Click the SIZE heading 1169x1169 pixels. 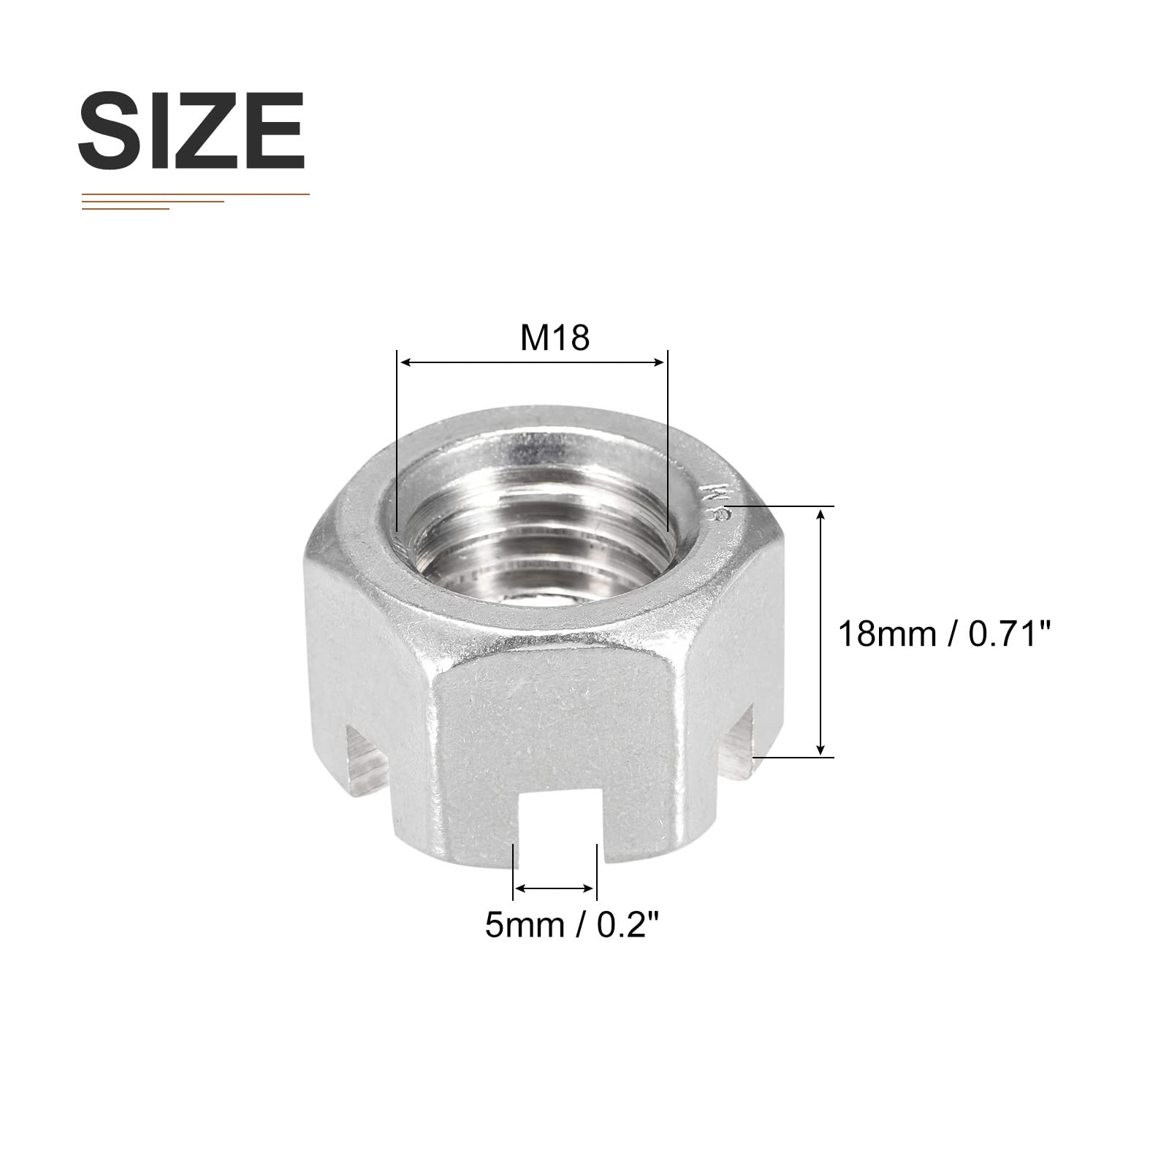tap(191, 132)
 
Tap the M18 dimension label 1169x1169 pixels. tap(555, 338)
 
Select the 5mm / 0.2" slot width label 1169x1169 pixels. tap(567, 926)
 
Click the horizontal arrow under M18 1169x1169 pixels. tap(531, 362)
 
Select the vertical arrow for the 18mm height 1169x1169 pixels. tap(822, 632)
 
